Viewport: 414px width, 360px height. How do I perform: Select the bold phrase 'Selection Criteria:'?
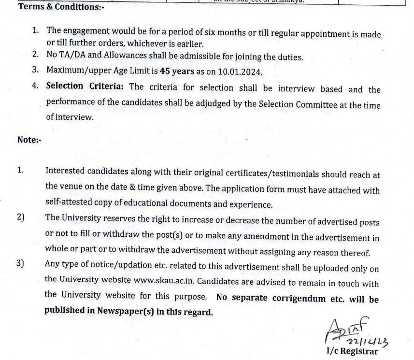click(x=85, y=87)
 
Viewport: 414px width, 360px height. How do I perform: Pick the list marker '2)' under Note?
click(x=21, y=217)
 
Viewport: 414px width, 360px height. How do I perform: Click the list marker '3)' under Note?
click(x=21, y=264)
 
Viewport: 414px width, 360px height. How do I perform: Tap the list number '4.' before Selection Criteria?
click(x=36, y=86)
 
